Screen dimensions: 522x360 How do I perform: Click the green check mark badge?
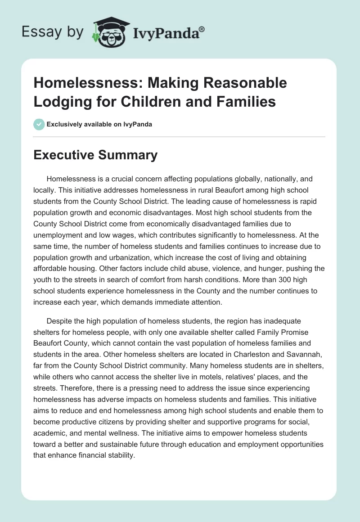pos(39,124)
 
